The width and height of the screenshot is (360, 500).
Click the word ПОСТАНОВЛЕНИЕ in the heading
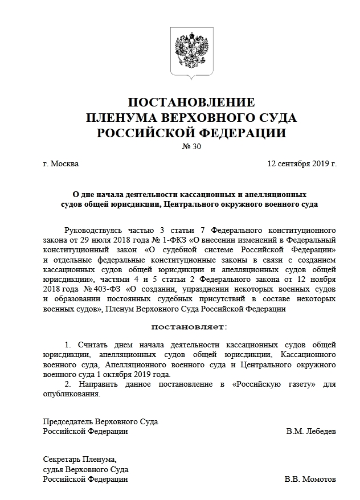coord(191,103)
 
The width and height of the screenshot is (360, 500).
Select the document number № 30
coord(191,147)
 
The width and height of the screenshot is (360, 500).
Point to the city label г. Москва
coord(60,164)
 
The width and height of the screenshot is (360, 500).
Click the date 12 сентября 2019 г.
coord(302,164)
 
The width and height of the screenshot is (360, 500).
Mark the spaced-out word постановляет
coord(188,327)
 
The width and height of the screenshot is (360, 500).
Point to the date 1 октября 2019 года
coord(133,375)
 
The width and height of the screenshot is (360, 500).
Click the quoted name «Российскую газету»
coord(274,384)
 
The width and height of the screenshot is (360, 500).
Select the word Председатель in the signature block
coord(68,422)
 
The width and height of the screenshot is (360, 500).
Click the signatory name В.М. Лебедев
coord(311,432)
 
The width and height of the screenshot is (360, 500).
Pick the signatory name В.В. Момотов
coord(310,479)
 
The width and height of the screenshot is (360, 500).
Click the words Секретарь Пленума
coord(79,460)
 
